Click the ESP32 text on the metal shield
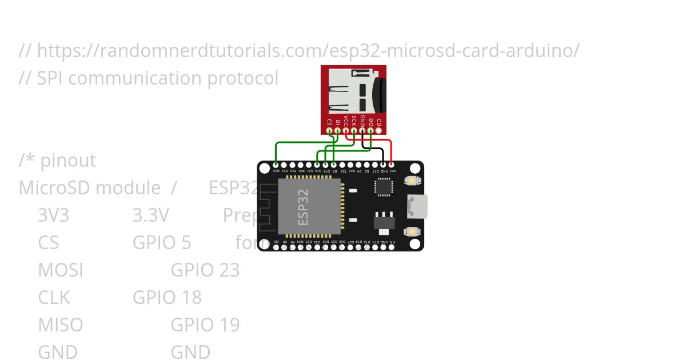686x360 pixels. (303, 207)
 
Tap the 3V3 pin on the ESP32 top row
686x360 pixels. (392, 165)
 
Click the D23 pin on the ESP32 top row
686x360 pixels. (276, 165)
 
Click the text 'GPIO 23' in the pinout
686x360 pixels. (205, 270)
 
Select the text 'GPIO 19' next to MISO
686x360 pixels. (205, 325)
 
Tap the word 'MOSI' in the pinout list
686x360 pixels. (61, 270)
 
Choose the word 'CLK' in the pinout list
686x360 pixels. (54, 297)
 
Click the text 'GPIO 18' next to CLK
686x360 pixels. (167, 297)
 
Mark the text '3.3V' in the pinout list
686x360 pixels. (151, 215)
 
